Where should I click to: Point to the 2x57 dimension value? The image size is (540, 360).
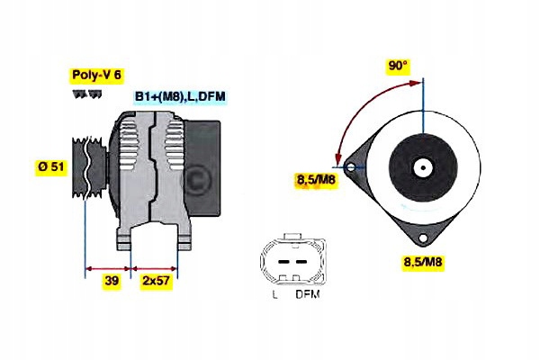pyautogui.click(x=155, y=282)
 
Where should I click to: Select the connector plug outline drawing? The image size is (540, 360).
pyautogui.click(x=290, y=262)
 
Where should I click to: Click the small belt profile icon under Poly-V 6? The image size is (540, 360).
pyautogui.click(x=80, y=94)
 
